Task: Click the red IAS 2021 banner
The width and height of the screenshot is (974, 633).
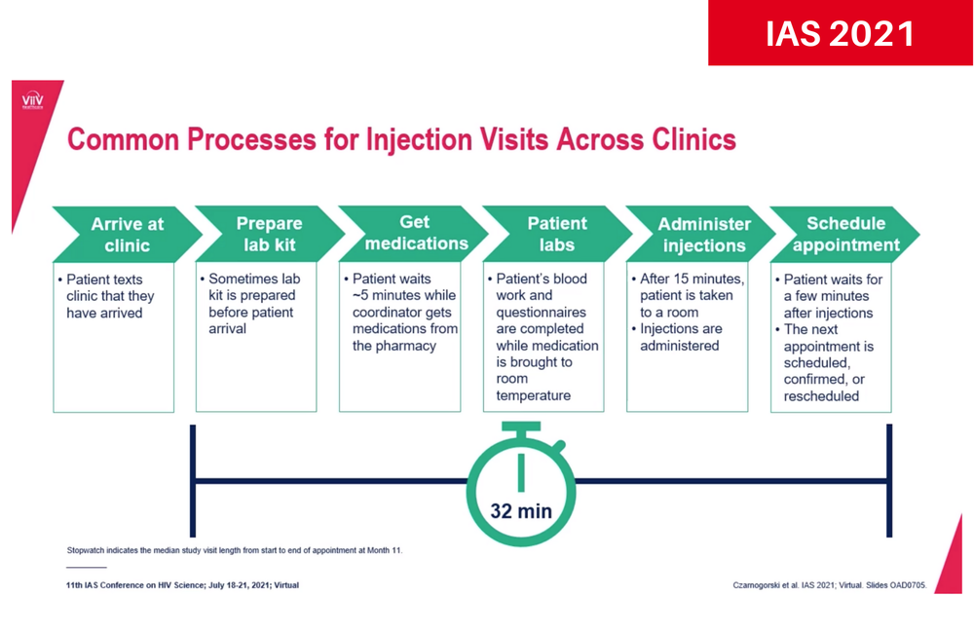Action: [x=840, y=33]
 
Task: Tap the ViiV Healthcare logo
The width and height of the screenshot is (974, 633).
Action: [x=32, y=102]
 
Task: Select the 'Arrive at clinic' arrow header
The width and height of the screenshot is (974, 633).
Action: [x=127, y=234]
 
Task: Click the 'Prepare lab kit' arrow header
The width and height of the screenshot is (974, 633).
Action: [x=269, y=234]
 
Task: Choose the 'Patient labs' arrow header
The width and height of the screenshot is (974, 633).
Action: [x=557, y=234]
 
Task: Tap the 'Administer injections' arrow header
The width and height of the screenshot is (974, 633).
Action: [x=703, y=235]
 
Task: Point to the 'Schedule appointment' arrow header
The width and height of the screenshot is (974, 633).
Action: [x=845, y=234]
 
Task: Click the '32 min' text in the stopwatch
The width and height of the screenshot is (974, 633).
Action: [x=521, y=510]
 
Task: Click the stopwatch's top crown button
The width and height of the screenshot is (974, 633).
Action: [x=521, y=427]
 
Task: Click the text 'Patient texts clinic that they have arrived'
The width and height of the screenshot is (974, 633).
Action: [x=105, y=296]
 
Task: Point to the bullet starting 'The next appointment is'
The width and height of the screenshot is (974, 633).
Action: [x=828, y=363]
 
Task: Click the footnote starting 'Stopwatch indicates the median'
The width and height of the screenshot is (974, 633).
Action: [x=234, y=550]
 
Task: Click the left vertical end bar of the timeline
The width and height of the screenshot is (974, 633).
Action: [x=193, y=480]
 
